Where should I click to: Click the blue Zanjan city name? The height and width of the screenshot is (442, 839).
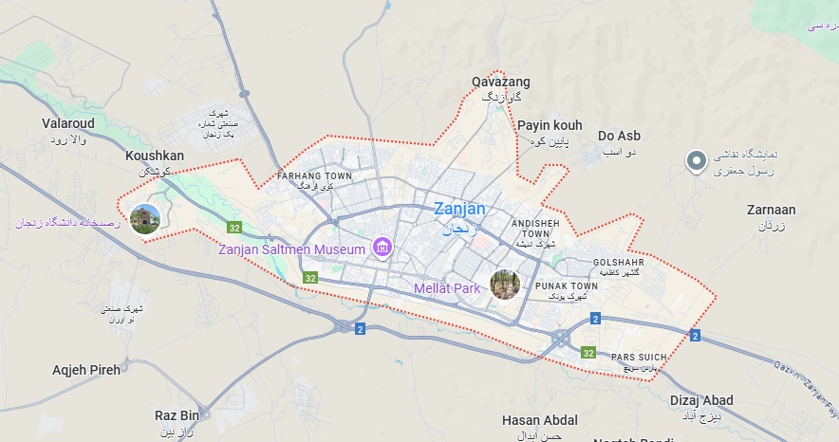pyautogui.click(x=459, y=209)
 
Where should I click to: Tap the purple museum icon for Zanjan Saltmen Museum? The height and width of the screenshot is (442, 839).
pyautogui.click(x=382, y=249)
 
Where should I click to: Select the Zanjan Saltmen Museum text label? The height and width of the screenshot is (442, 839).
pyautogui.click(x=291, y=249)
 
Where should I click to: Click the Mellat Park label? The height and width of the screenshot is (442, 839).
pyautogui.click(x=447, y=287)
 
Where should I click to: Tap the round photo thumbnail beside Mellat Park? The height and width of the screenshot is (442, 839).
pyautogui.click(x=505, y=285)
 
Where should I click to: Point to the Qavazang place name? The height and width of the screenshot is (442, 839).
pyautogui.click(x=501, y=83)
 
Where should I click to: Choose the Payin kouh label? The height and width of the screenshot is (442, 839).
pyautogui.click(x=549, y=125)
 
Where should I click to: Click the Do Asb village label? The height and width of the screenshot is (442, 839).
pyautogui.click(x=619, y=136)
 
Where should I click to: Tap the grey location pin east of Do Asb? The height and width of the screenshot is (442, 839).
pyautogui.click(x=698, y=160)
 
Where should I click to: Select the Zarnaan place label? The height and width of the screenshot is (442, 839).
pyautogui.click(x=771, y=211)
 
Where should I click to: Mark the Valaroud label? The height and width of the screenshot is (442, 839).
pyautogui.click(x=69, y=123)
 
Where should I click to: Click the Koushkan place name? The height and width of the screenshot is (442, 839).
pyautogui.click(x=155, y=156)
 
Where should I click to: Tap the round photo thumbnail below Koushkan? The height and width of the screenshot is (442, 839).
pyautogui.click(x=145, y=219)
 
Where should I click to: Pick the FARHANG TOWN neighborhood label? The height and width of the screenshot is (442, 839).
pyautogui.click(x=313, y=176)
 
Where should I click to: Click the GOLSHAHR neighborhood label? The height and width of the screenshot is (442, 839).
pyautogui.click(x=619, y=263)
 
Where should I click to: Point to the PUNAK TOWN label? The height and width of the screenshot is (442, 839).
pyautogui.click(x=567, y=285)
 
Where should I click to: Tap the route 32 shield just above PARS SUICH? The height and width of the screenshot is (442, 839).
pyautogui.click(x=588, y=353)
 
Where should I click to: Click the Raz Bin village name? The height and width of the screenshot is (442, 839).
pyautogui.click(x=177, y=415)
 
